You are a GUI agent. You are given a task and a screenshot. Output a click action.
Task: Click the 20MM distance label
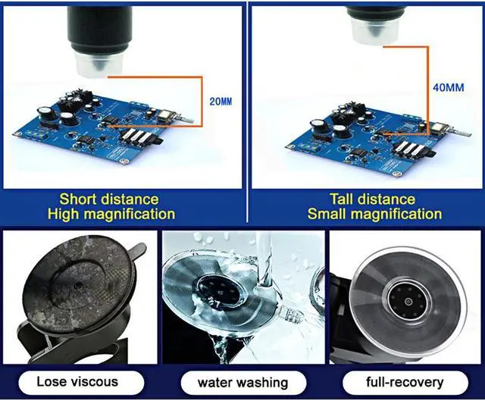tap(221, 101)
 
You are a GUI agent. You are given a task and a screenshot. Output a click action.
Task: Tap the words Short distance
tap(109, 199)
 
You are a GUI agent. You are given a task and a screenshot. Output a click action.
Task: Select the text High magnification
tap(111, 215)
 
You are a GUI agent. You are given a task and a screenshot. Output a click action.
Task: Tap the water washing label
tap(242, 381)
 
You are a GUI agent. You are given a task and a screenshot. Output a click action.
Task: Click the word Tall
tap(323, 199)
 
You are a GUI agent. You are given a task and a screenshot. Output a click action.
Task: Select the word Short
tap(78, 199)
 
